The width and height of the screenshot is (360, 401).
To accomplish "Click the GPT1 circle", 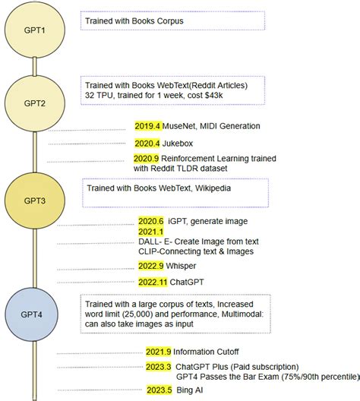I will coord(35,31).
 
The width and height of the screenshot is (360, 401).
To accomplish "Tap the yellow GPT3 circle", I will coord(35,201).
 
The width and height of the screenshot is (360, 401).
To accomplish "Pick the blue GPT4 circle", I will coord(35,314).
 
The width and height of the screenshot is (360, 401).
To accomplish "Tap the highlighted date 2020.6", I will coord(150,221).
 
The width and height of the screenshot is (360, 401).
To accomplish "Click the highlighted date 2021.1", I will coord(150,231).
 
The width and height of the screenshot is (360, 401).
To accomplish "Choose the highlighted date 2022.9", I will coord(150,266).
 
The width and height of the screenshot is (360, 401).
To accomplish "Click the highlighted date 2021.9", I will coord(159,352).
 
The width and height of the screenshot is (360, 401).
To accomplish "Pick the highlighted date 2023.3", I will coord(159,367).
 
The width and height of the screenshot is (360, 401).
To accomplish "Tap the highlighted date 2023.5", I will coord(159,390).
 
